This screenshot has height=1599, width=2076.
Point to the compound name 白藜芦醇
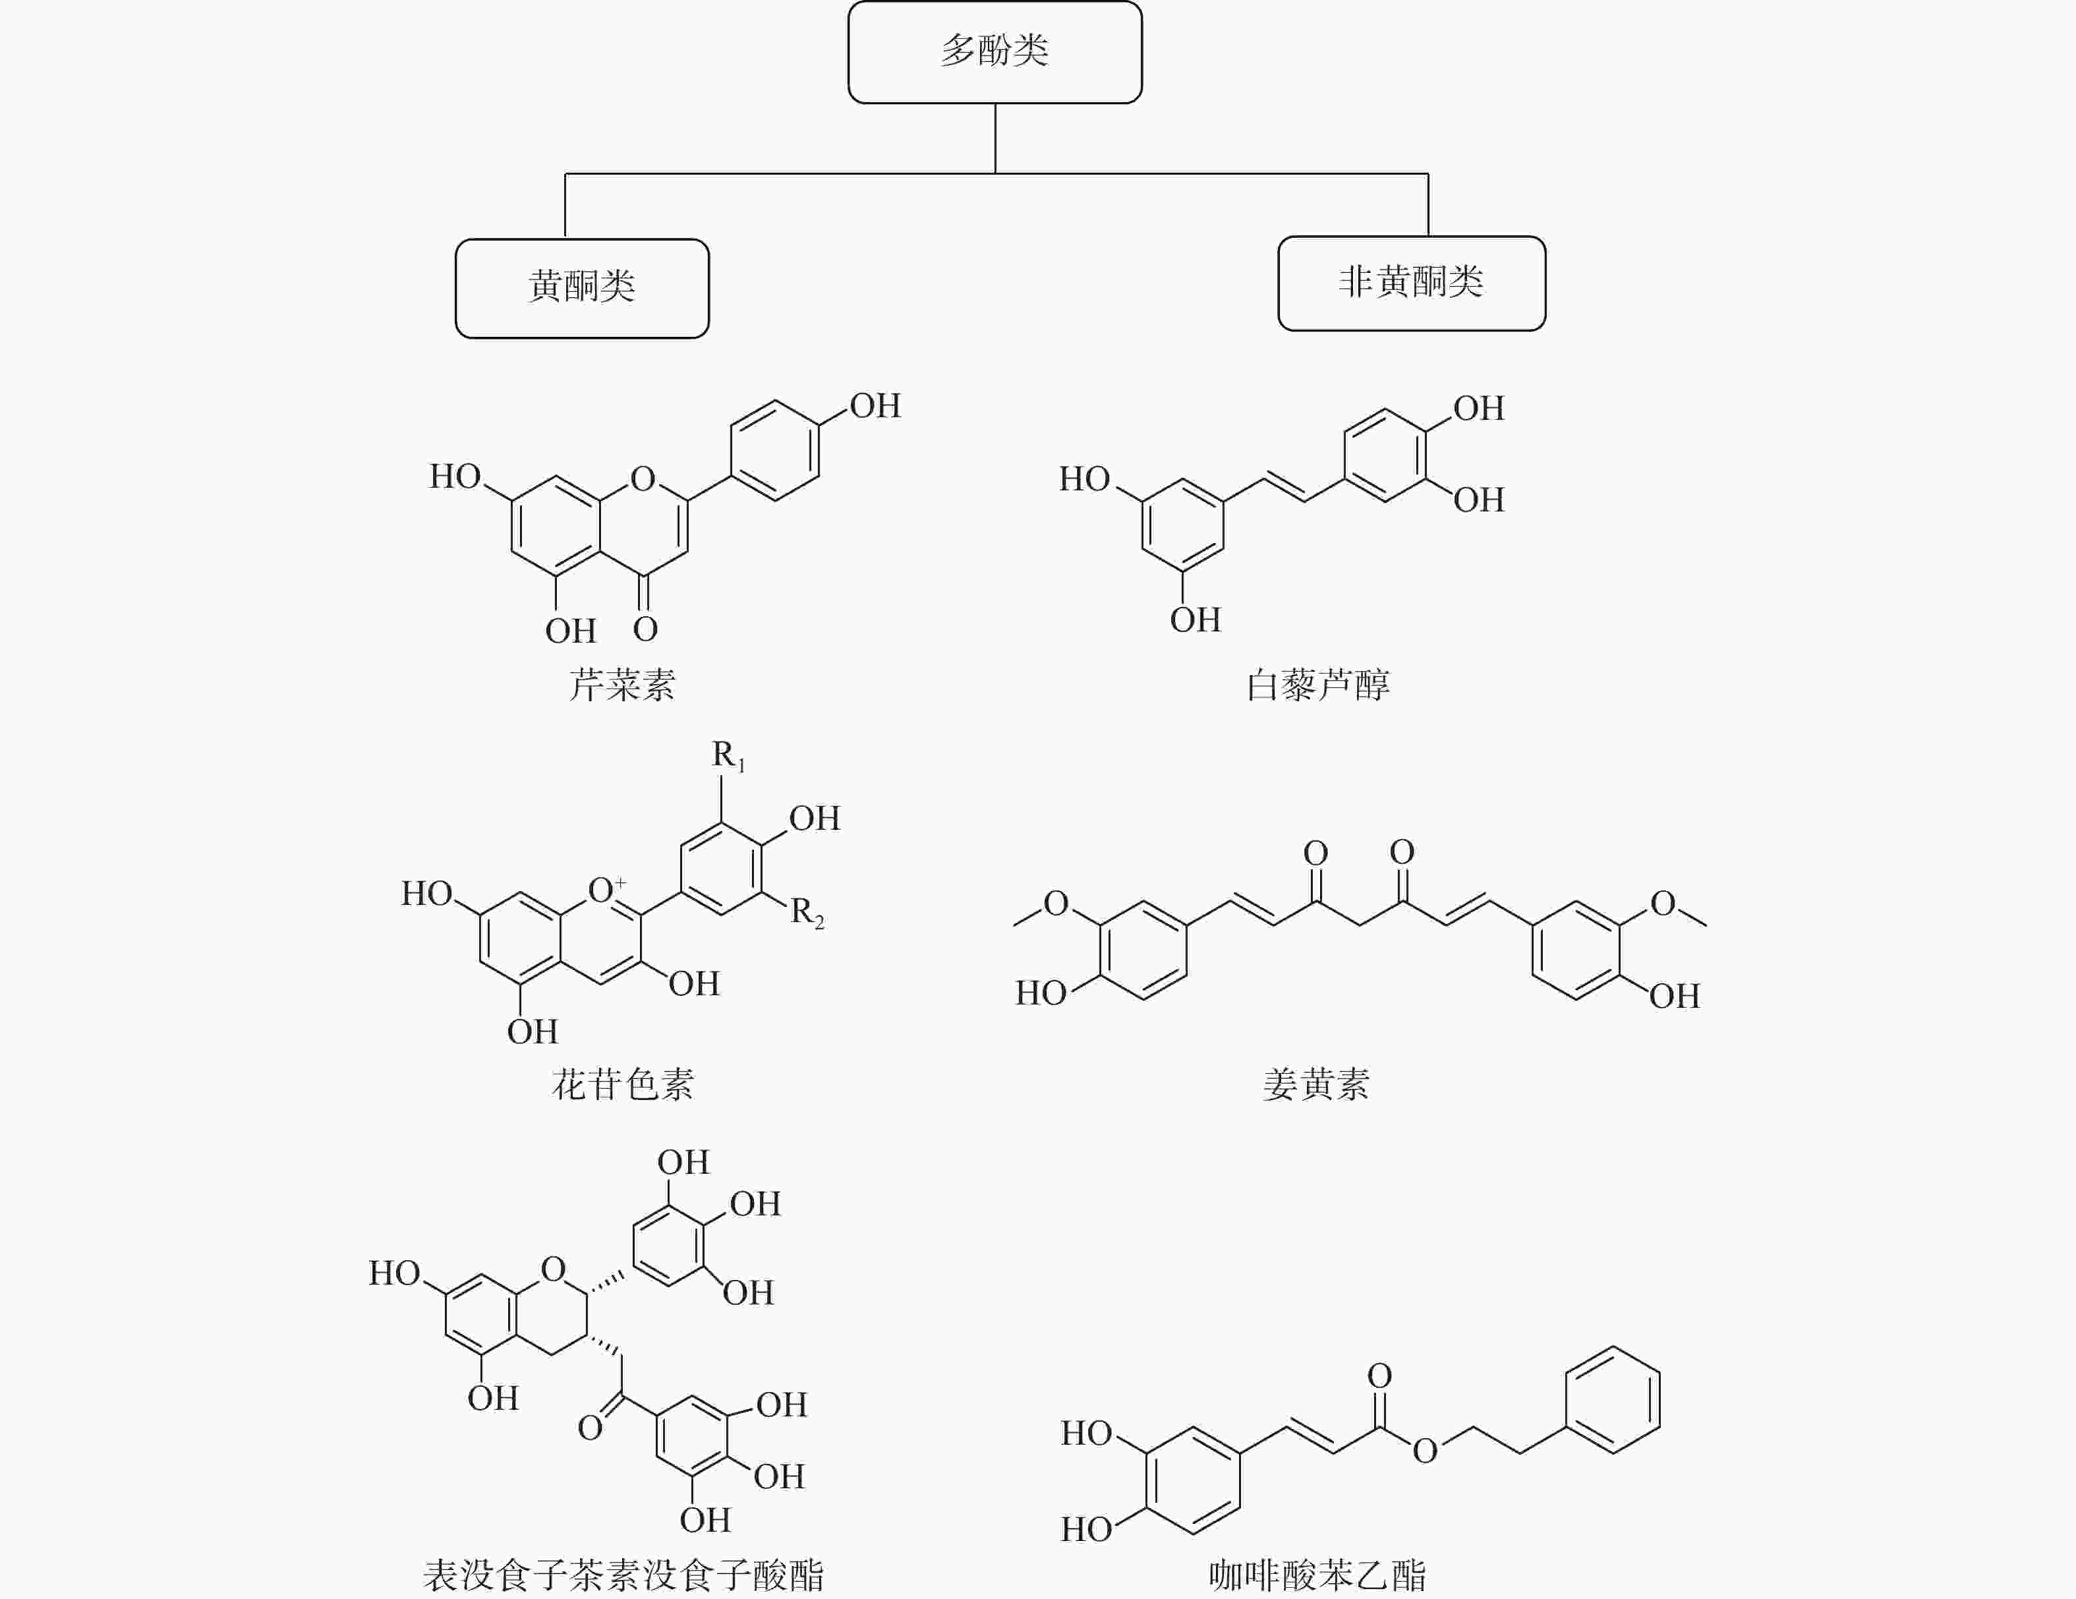[x=1317, y=684]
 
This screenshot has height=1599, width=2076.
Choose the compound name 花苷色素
[x=623, y=1084]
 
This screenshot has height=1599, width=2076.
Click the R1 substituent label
[x=728, y=756]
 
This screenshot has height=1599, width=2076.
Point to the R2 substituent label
[x=807, y=913]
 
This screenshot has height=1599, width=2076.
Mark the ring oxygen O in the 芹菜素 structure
[x=643, y=478]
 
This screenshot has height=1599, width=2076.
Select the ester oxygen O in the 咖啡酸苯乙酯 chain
[x=1425, y=1451]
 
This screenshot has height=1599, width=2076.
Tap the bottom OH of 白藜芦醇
[x=1195, y=620]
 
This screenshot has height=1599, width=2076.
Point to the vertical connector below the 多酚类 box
[x=995, y=138]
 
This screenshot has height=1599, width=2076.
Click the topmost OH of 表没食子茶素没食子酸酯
[x=683, y=1162]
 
